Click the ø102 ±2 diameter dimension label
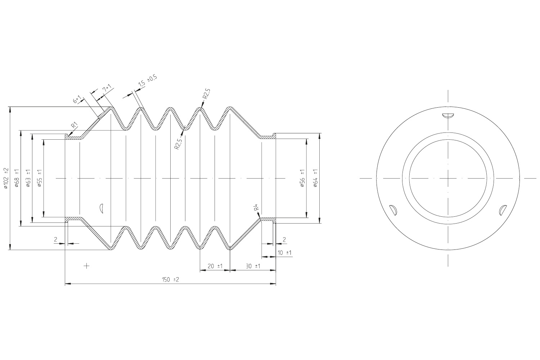click(x=6, y=178)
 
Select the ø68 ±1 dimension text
click(x=17, y=178)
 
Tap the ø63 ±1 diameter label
click(x=28, y=178)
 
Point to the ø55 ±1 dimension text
click(x=40, y=178)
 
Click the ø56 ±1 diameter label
click(x=302, y=179)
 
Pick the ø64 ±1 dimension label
click(x=316, y=178)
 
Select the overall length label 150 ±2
click(x=171, y=279)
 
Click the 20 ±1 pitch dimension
click(x=215, y=266)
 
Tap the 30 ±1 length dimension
click(x=253, y=266)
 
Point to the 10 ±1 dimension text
click(x=284, y=253)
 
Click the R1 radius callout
click(x=75, y=125)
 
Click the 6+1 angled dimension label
click(x=77, y=99)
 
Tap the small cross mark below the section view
click(x=86, y=266)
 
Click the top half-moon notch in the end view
click(x=448, y=116)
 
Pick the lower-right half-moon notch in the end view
click(x=503, y=210)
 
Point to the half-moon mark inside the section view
click(x=102, y=208)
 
